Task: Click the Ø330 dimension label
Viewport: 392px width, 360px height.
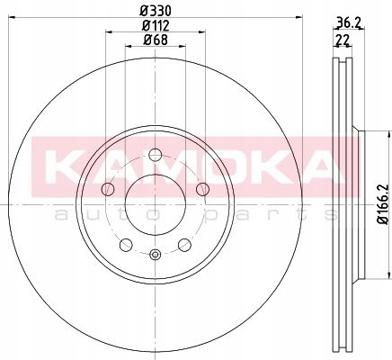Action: point(156,11)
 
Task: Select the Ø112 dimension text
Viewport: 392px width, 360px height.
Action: point(156,26)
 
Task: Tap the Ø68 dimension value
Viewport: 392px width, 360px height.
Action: point(156,40)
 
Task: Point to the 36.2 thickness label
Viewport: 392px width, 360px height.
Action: point(349,22)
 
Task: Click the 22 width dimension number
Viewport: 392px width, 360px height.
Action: point(343,40)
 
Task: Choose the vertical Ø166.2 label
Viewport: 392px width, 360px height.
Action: point(383,204)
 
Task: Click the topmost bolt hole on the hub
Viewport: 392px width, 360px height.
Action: point(156,155)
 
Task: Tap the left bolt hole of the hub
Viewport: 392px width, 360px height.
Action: point(108,189)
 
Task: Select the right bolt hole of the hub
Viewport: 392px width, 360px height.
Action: point(202,189)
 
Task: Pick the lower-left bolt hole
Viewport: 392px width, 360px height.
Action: point(126,245)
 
